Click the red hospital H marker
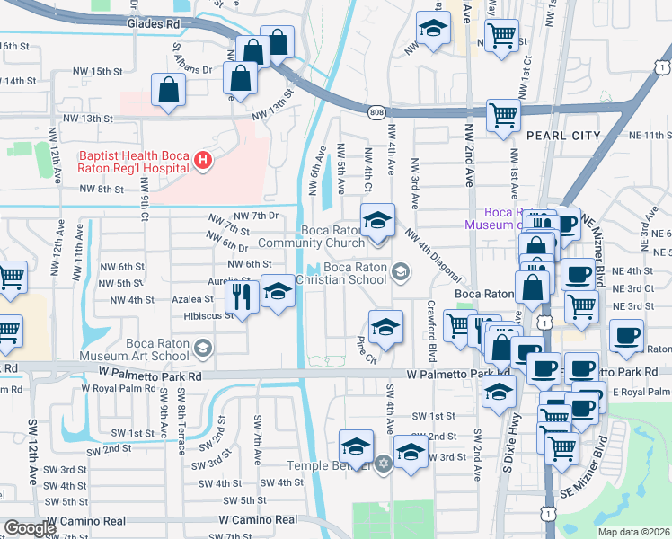[x=204, y=161]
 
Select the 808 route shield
[x=376, y=110]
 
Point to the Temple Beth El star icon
[x=384, y=464]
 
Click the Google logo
[x=29, y=528]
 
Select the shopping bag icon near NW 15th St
[x=168, y=90]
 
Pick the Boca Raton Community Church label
[x=310, y=236]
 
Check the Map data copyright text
[x=633, y=532]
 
